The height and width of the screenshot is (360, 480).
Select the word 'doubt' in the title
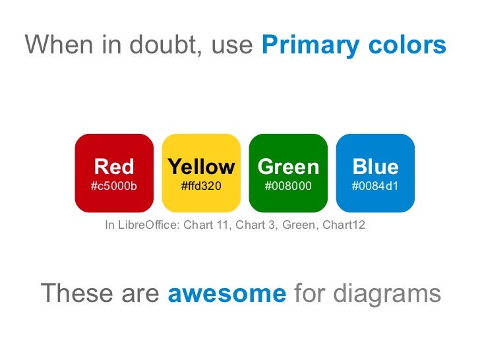(168, 45)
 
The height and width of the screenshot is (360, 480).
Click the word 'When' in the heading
(58, 45)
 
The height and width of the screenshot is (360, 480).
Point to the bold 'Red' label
(114, 166)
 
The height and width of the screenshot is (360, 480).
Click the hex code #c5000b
(114, 186)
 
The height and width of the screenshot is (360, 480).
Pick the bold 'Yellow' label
(201, 166)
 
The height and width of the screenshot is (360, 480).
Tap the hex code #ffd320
(201, 186)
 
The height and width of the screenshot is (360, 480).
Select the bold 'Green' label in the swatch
(288, 166)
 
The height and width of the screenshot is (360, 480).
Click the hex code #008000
(288, 186)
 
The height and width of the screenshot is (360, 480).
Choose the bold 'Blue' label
(375, 166)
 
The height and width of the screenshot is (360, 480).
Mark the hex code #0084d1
(375, 186)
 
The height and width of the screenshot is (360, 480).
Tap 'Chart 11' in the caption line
(206, 225)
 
